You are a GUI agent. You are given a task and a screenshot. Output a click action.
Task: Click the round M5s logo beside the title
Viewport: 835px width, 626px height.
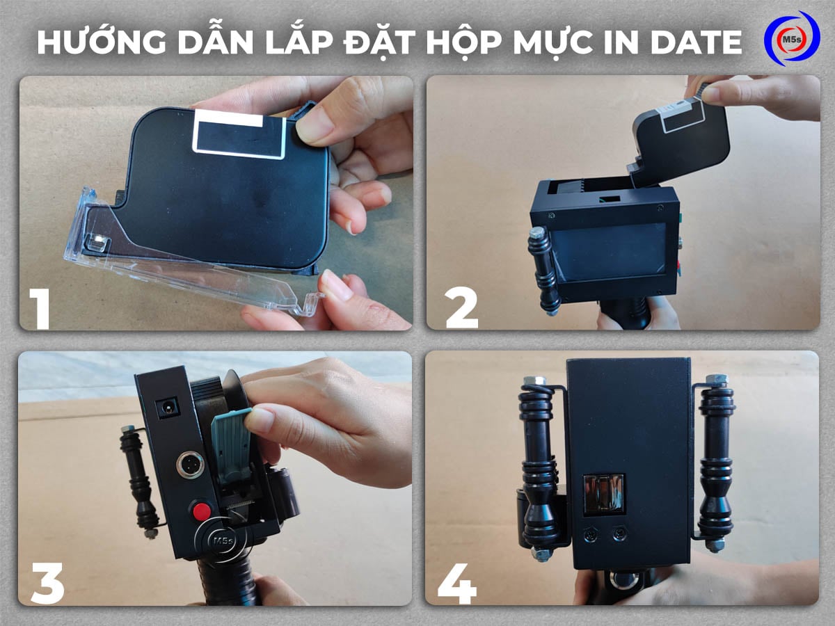pyautogui.click(x=791, y=39)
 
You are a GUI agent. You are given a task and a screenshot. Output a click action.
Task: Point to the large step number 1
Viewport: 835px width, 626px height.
pyautogui.click(x=40, y=306)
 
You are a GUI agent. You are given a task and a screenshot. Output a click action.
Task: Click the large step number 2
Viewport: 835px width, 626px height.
pyautogui.click(x=461, y=306)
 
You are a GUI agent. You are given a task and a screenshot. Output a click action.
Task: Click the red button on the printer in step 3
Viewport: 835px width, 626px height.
pyautogui.click(x=202, y=511)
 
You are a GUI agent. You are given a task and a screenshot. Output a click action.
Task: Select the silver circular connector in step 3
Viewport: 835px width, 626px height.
pyautogui.click(x=190, y=465)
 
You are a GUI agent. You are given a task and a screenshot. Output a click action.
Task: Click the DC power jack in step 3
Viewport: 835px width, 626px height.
pyautogui.click(x=168, y=408)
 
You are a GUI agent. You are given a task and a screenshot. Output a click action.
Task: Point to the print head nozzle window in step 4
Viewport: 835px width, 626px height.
pyautogui.click(x=603, y=494)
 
